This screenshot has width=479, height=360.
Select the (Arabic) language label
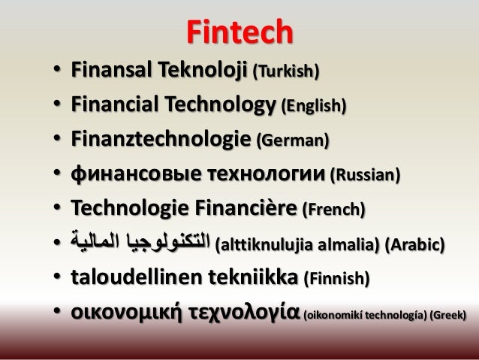pyautogui.click(x=421, y=244)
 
